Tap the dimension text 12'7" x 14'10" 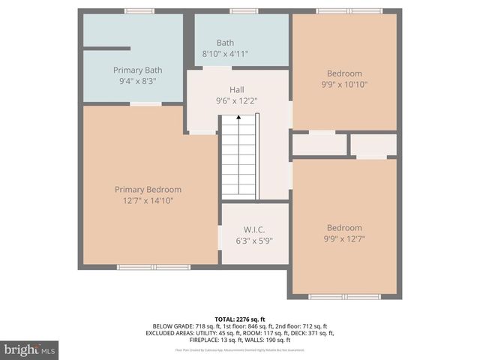pos(148,200)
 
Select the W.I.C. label pos(254,229)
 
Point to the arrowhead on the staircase pos(238,117)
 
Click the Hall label pos(236,90)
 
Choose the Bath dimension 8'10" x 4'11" pos(225,54)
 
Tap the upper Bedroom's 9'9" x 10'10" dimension pos(344,85)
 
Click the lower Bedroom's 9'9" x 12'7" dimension pos(344,239)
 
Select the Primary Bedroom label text pos(148,190)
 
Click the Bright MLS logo pos(30,349)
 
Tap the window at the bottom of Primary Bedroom pos(154,266)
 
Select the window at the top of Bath pos(240,11)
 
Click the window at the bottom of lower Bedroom pos(345,297)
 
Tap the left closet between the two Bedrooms pos(319,144)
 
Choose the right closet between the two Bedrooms pos(374,144)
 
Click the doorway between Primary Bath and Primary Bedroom pos(145,103)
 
